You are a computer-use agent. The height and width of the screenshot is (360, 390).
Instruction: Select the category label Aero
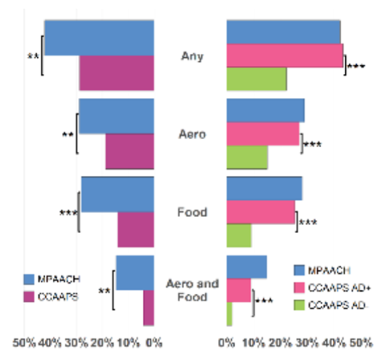point(191,134)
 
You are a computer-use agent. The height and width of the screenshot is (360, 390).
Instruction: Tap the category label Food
point(191,213)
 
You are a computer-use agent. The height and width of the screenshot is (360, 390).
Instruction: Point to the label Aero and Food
point(191,290)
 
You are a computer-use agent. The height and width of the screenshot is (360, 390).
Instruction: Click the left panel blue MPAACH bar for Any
point(99,38)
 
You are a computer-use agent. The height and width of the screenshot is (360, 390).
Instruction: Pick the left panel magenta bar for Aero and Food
point(149,309)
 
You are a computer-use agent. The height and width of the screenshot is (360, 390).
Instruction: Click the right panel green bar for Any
point(257,80)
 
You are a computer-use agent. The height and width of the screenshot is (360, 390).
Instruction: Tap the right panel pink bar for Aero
point(263,134)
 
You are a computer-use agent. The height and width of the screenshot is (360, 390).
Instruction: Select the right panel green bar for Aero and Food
point(230,314)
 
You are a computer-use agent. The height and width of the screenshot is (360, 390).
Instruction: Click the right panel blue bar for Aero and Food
point(247,267)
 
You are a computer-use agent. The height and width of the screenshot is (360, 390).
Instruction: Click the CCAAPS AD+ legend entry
point(331,287)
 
